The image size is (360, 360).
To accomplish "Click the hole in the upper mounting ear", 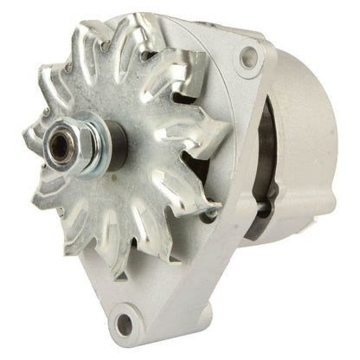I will [x=248, y=59].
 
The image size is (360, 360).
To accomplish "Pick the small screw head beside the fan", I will [x=211, y=211].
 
